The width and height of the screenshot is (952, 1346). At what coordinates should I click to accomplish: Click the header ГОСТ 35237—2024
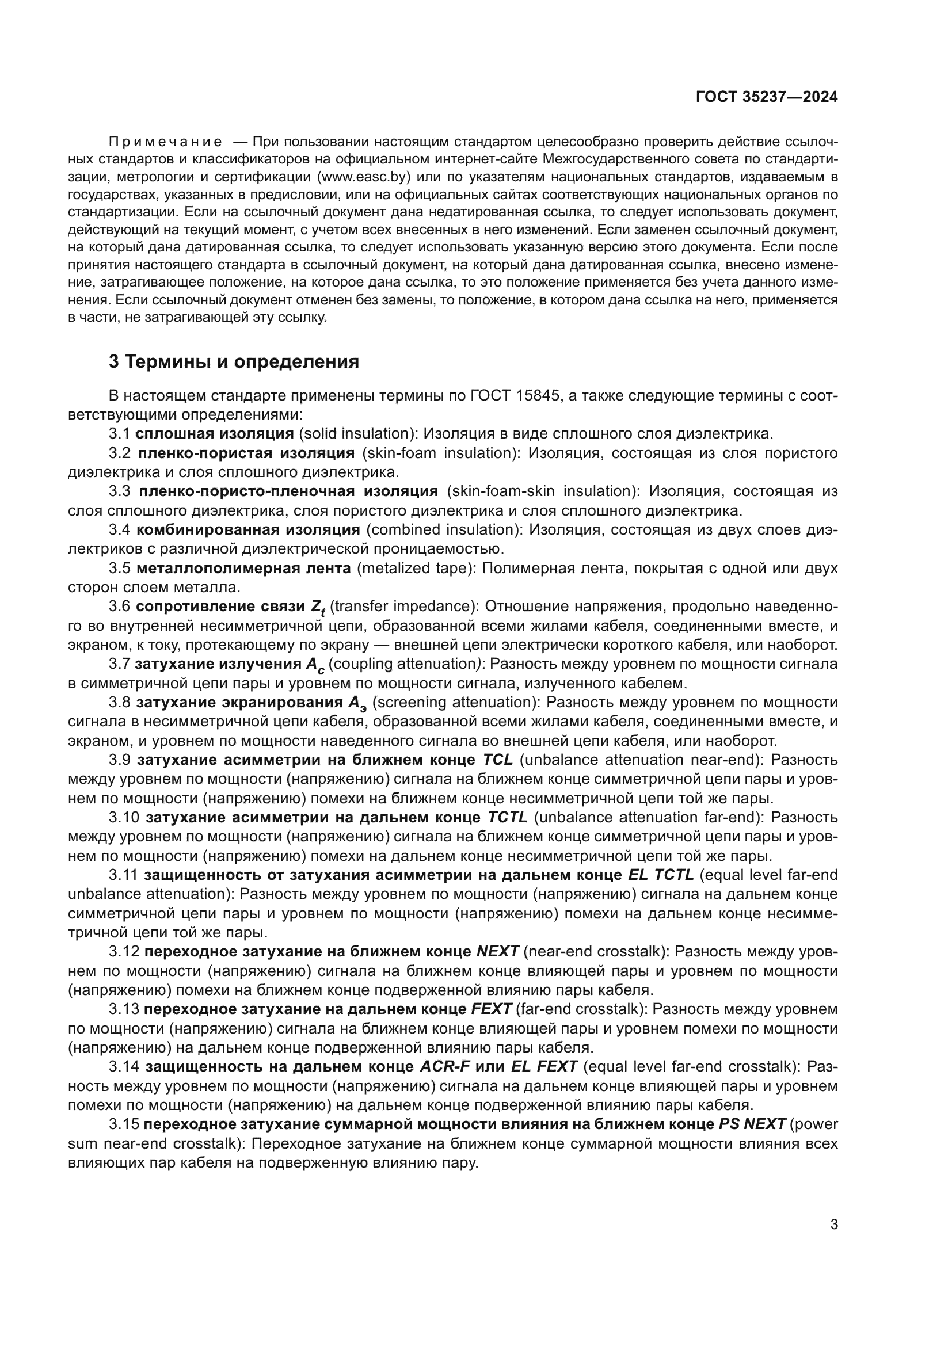click(766, 97)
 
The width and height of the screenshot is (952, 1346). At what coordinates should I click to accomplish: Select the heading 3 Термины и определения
click(234, 362)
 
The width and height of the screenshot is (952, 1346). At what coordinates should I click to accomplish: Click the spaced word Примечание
click(165, 142)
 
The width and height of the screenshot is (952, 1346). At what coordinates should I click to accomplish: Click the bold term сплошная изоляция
click(215, 434)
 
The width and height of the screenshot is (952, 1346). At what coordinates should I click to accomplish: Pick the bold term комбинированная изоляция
click(248, 530)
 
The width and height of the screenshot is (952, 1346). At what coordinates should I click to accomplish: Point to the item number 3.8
click(120, 702)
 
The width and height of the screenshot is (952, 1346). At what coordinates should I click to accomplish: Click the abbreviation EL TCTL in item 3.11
click(661, 875)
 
